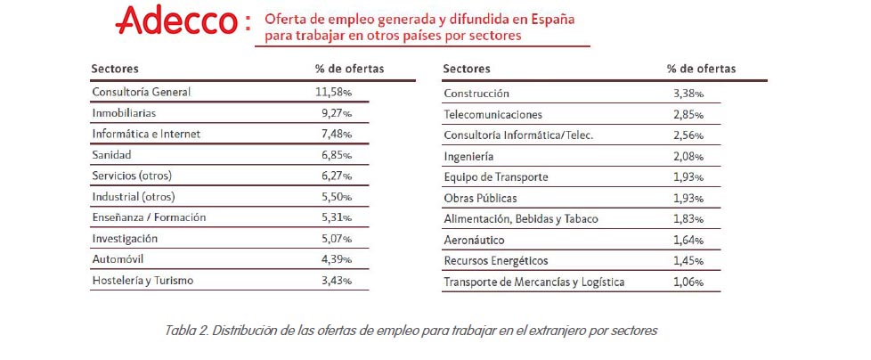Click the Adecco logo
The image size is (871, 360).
click(x=179, y=20)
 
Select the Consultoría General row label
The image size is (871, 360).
click(x=141, y=92)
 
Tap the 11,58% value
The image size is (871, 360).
click(x=334, y=92)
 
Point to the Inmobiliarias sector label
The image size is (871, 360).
click(x=125, y=113)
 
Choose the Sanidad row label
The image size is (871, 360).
click(x=112, y=155)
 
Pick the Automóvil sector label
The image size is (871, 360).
click(x=118, y=259)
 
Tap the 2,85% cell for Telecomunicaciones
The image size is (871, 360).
click(x=688, y=114)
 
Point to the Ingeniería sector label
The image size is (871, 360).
click(x=468, y=156)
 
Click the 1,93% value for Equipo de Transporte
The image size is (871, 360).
click(x=688, y=177)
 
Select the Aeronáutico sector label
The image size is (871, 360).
click(x=475, y=240)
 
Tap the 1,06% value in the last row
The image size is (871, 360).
click(x=688, y=282)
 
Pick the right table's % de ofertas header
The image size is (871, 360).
click(x=701, y=69)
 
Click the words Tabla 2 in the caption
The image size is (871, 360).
click(x=186, y=331)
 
